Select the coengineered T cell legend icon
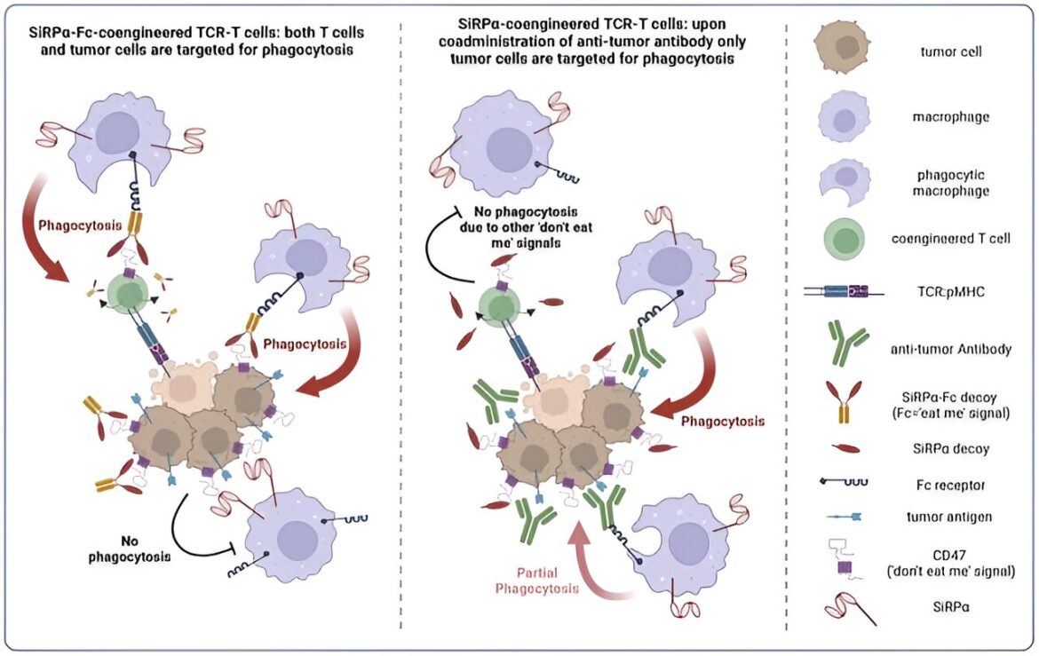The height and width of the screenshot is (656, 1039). coord(844,238)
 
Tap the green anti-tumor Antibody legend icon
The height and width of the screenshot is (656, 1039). coord(847,344)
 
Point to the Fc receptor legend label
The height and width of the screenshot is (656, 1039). coord(950,485)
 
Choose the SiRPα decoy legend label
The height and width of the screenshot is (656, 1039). coord(950,448)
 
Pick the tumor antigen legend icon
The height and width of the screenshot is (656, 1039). coord(845,516)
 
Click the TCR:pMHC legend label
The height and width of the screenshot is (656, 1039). coord(950,291)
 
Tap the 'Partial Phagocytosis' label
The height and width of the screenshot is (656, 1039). coord(536,581)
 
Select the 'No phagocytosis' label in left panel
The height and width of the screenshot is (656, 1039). coord(130,549)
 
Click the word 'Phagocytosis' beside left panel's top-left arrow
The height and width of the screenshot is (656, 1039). coord(80,225)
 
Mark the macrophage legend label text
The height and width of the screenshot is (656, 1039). coord(950,117)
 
